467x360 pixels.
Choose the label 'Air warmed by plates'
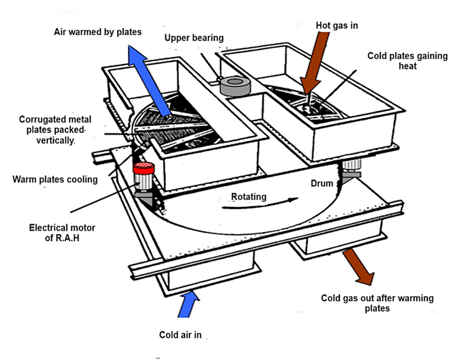(98, 32)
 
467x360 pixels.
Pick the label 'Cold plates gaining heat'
(407, 61)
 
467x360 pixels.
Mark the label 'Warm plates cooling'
(55, 179)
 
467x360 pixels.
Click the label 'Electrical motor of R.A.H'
(62, 232)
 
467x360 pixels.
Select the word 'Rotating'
(249, 197)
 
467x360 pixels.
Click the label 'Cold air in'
(181, 335)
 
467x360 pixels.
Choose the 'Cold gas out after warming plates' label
(377, 303)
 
